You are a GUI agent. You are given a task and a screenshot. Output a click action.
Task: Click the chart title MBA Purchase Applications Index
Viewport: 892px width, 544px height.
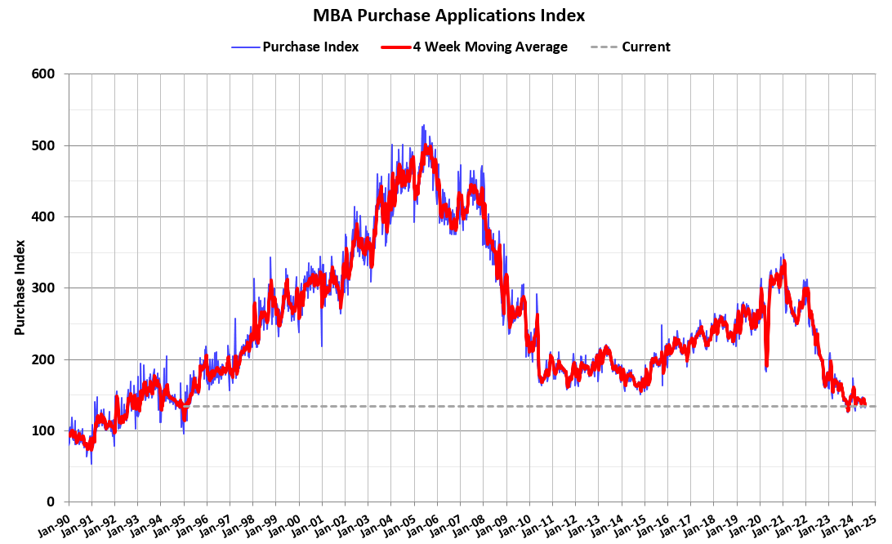tap(448, 16)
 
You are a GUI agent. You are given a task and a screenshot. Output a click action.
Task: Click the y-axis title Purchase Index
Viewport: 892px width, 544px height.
tap(20, 288)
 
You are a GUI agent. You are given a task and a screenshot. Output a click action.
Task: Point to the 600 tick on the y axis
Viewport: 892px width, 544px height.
tap(44, 74)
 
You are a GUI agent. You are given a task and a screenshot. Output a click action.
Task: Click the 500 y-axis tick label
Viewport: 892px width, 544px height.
tap(44, 145)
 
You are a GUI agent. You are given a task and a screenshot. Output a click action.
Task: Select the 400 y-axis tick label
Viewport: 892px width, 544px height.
tap(44, 216)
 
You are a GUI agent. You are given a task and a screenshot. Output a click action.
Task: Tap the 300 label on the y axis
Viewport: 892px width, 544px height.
tap(44, 288)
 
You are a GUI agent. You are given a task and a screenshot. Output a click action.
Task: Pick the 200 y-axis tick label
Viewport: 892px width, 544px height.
tap(44, 359)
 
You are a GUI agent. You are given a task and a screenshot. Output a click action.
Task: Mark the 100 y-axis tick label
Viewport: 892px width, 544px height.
tap(44, 430)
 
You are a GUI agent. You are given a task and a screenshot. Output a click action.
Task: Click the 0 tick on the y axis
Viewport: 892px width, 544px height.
tap(51, 502)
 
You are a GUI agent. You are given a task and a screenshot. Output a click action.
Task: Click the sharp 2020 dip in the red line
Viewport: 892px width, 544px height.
tap(766, 366)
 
